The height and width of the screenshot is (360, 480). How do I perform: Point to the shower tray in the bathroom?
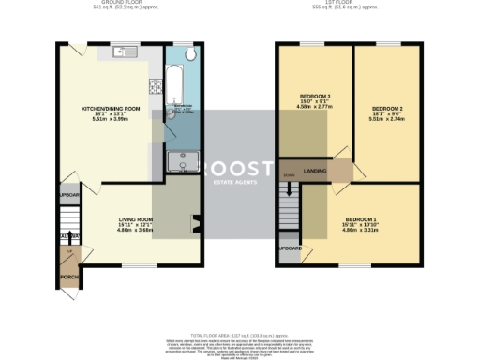[176, 160]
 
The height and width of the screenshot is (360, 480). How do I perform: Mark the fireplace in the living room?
[195, 223]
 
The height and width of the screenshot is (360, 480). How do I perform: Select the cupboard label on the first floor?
[291, 249]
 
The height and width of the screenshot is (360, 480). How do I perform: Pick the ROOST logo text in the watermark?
[241, 168]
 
